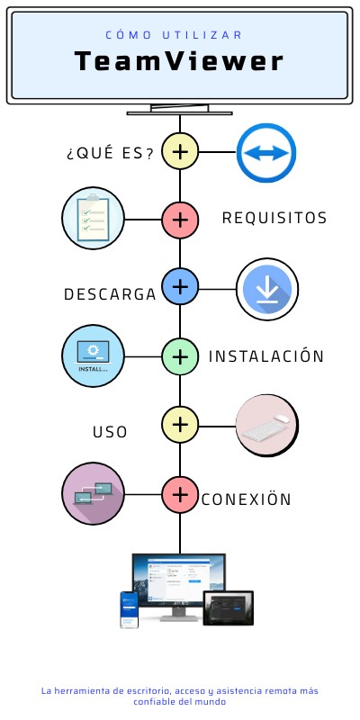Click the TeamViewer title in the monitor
(x=179, y=61)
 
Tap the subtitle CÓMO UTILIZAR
(x=175, y=35)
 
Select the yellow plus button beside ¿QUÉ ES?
(x=180, y=151)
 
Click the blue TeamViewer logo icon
(x=266, y=151)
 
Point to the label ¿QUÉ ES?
(x=110, y=152)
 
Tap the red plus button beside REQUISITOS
(x=180, y=219)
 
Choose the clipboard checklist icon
(x=92, y=217)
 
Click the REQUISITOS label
(x=274, y=218)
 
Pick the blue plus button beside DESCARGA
(x=180, y=287)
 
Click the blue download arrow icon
(x=266, y=289)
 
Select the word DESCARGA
(x=111, y=294)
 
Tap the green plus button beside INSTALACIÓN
(x=180, y=355)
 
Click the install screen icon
(x=92, y=355)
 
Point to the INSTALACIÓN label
(x=265, y=355)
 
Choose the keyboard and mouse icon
(x=266, y=423)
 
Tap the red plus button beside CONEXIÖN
(x=180, y=493)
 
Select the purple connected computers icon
(x=93, y=493)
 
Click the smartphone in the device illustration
(x=130, y=610)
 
